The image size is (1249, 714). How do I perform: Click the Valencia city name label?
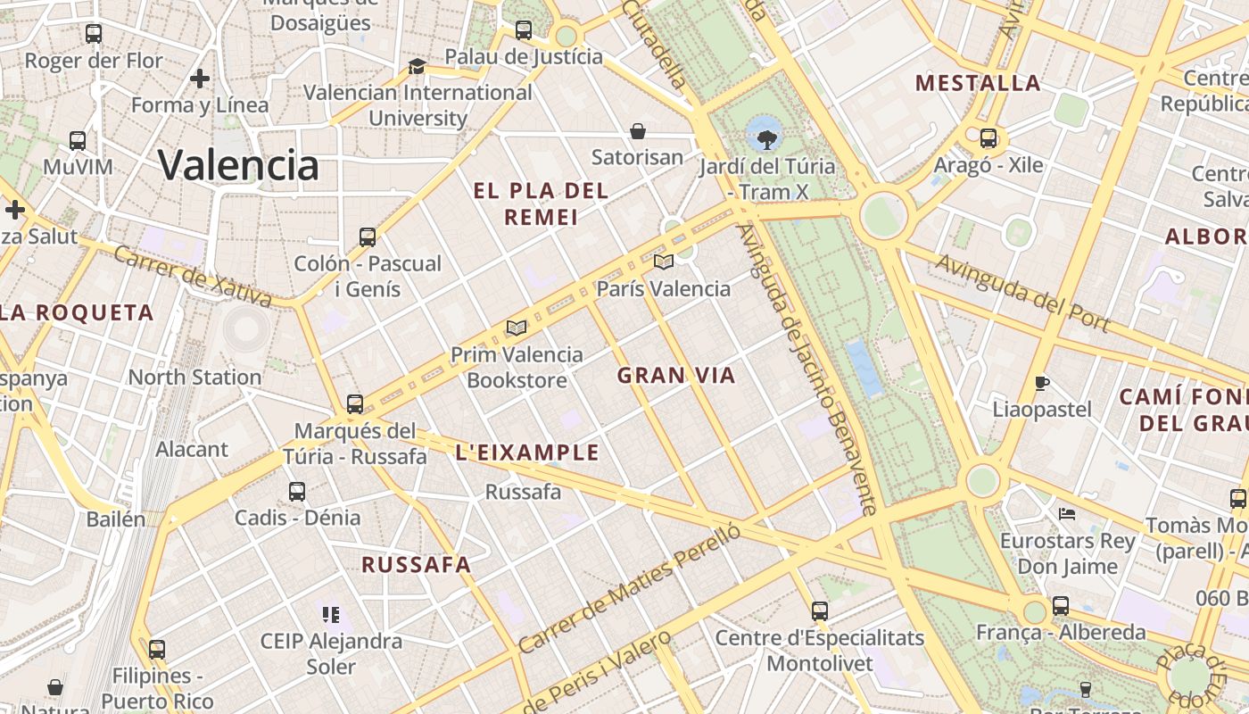pyautogui.click(x=238, y=165)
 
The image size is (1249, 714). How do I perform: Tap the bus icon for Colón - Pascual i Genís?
pyautogui.click(x=368, y=237)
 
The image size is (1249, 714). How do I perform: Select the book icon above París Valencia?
pyautogui.click(x=663, y=262)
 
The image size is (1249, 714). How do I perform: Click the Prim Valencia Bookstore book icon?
pyautogui.click(x=517, y=328)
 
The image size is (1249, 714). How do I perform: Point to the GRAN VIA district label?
pyautogui.click(x=676, y=376)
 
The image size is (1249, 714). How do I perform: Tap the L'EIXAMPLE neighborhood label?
pyautogui.click(x=527, y=452)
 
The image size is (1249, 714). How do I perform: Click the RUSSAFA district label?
pyautogui.click(x=416, y=564)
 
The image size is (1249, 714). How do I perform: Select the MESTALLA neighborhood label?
pyautogui.click(x=978, y=84)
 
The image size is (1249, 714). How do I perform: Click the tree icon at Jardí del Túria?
pyautogui.click(x=765, y=138)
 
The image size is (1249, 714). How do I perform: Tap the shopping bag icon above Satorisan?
pyautogui.click(x=638, y=132)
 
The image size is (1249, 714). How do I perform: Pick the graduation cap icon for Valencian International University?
pyautogui.click(x=417, y=66)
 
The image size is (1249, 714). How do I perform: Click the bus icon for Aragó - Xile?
pyautogui.click(x=988, y=138)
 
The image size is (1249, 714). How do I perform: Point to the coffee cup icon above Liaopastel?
pyautogui.click(x=1041, y=384)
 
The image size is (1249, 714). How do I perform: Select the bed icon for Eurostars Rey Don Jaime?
pyautogui.click(x=1066, y=514)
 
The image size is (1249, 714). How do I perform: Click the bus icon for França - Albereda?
pyautogui.click(x=1060, y=606)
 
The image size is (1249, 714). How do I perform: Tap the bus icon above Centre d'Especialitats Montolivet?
pyautogui.click(x=820, y=611)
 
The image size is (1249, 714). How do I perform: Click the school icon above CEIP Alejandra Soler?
pyautogui.click(x=331, y=614)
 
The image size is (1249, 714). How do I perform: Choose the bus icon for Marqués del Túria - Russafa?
pyautogui.click(x=355, y=404)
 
